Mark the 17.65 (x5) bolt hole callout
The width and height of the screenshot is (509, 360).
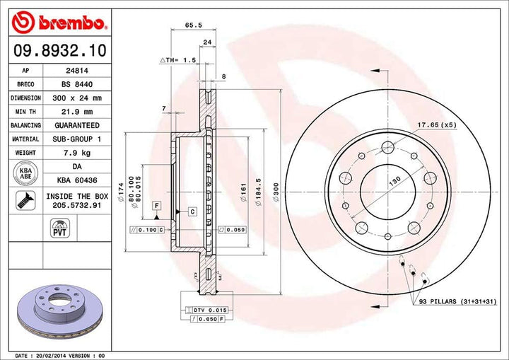pos(436,125)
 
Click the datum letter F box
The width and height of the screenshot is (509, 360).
pos(156,205)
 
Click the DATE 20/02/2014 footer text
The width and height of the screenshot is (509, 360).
pos(60,354)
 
